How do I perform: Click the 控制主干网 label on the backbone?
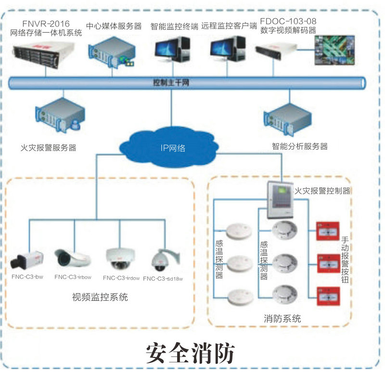[x=171, y=82]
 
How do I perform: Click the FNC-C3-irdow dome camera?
[x=117, y=259]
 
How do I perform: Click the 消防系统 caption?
[x=282, y=318]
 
